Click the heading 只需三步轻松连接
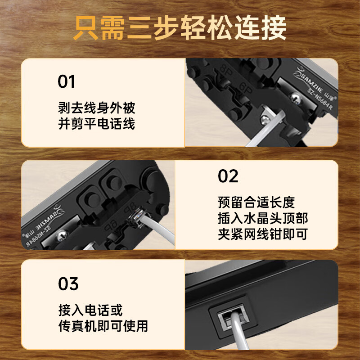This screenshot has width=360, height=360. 180,28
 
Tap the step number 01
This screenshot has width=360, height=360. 67,82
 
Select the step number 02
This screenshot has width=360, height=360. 228,176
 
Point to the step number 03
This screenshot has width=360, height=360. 68,284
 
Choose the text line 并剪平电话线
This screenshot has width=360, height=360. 96,123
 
